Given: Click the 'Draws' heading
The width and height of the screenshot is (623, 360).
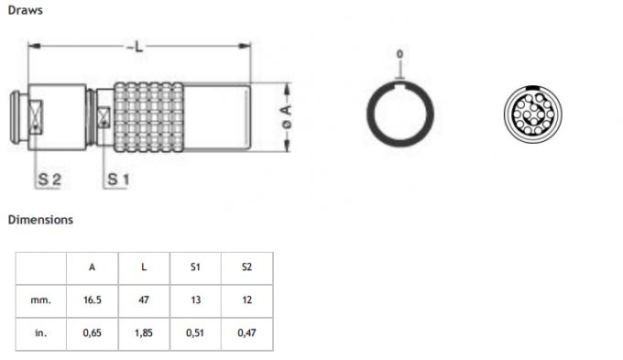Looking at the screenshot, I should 25,11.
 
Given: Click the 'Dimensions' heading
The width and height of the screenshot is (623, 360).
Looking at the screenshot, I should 40,220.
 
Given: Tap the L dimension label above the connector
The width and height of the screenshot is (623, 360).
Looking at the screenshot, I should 138,46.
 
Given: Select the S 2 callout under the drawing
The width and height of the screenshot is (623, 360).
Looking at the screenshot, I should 49,180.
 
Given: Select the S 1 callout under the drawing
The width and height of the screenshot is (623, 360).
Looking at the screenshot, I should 116,180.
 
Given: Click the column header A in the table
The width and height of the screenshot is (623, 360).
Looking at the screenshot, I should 92,268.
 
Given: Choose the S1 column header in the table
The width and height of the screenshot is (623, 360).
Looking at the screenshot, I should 194,268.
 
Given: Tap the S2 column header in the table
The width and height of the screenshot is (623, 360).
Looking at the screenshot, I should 246,268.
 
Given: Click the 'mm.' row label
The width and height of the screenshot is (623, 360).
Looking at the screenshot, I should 41,300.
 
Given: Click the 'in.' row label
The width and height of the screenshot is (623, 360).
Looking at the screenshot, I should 41,333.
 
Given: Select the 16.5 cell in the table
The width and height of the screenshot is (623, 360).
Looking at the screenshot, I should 92,300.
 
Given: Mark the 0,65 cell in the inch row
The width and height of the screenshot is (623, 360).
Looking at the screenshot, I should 92,333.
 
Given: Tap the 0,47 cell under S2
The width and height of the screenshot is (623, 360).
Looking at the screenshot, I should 246,333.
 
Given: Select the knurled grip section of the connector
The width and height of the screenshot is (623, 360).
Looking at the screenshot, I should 151,116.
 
